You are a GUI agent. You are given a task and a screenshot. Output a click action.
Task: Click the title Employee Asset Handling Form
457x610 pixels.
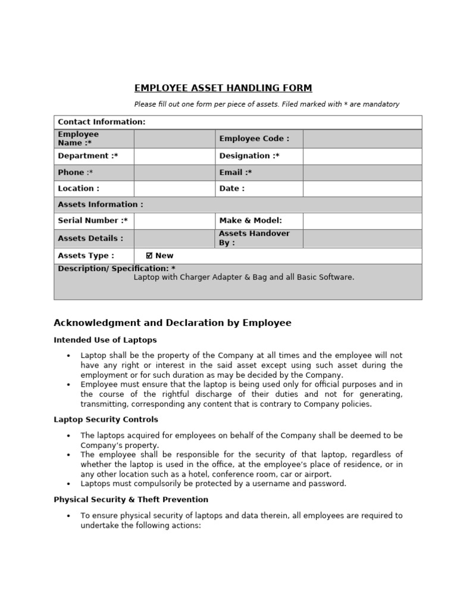pyautogui.click(x=223, y=88)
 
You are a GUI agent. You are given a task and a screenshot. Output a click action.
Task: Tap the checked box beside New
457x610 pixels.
pyautogui.click(x=149, y=256)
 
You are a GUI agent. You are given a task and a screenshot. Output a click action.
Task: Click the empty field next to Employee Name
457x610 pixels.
pyautogui.click(x=174, y=139)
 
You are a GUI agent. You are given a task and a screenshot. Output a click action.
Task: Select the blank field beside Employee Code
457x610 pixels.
pyautogui.click(x=362, y=139)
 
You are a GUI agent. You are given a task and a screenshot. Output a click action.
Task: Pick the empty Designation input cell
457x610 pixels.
pyautogui.click(x=362, y=156)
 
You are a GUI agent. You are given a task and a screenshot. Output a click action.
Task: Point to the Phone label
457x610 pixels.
pyautogui.click(x=75, y=173)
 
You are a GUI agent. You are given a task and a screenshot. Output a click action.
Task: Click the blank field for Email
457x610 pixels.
pyautogui.click(x=362, y=173)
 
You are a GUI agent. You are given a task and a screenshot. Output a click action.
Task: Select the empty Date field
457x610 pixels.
pyautogui.click(x=362, y=189)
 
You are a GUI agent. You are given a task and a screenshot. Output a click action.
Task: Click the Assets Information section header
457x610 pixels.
pyautogui.click(x=100, y=205)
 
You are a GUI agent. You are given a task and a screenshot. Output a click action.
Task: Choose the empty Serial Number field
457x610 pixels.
pyautogui.click(x=174, y=221)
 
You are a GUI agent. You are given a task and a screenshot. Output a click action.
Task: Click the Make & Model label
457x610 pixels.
pyautogui.click(x=251, y=221)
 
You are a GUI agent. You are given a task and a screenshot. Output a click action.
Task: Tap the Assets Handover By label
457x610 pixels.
pyautogui.click(x=254, y=238)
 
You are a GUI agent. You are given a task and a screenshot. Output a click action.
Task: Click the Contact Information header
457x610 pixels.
pyautogui.click(x=101, y=122)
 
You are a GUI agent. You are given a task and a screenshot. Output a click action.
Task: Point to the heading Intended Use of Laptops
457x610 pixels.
pyautogui.click(x=105, y=340)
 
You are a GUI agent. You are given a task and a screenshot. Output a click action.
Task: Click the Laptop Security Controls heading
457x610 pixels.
pyautogui.click(x=106, y=419)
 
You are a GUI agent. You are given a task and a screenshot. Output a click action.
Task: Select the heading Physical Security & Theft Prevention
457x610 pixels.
pyautogui.click(x=131, y=500)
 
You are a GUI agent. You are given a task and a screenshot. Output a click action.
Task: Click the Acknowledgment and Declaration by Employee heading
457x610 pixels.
pyautogui.click(x=173, y=323)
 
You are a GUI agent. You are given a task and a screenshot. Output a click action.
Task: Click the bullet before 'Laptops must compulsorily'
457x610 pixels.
pyautogui.click(x=69, y=484)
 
